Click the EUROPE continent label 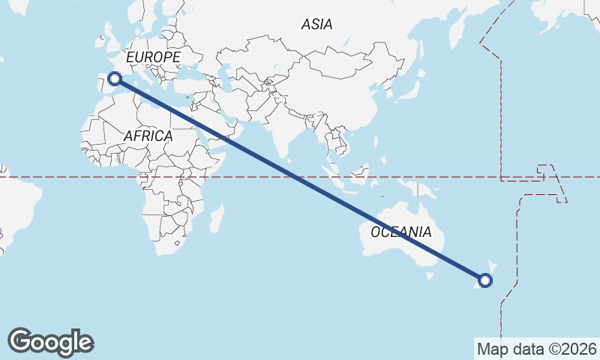(153, 57)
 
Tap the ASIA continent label (316, 24)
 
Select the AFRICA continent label (148, 136)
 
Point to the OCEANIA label (400, 232)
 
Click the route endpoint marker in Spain (115, 78)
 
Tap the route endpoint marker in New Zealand (485, 280)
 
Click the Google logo (50, 342)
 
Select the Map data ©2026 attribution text (536, 349)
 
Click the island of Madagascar (216, 218)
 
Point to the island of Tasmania (430, 275)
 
